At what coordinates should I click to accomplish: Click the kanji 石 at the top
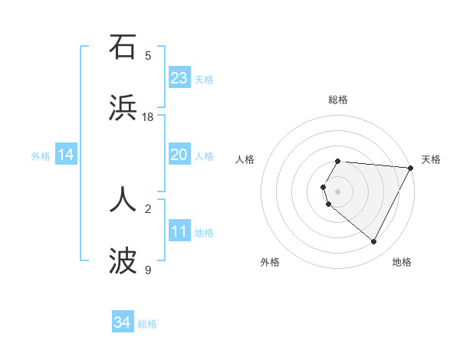(x=123, y=47)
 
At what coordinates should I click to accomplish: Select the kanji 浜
(x=123, y=108)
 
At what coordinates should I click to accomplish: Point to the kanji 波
(x=123, y=261)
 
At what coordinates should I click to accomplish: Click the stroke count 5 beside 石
(x=148, y=56)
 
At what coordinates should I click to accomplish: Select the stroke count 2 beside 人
(x=148, y=208)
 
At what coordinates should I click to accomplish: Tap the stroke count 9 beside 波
(x=148, y=270)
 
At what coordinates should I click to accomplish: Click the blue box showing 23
(x=179, y=78)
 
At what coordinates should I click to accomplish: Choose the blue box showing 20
(x=179, y=155)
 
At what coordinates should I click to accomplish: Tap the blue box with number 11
(x=179, y=232)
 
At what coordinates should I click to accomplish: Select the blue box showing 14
(x=66, y=155)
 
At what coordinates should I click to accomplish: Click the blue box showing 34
(x=123, y=323)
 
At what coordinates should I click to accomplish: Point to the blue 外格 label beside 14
(x=41, y=156)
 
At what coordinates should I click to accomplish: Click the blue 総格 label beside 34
(x=147, y=324)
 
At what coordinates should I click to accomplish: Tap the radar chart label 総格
(x=338, y=100)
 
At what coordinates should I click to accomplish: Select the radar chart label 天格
(x=431, y=159)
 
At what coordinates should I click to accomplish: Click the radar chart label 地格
(x=402, y=262)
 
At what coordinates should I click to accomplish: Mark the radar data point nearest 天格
(x=411, y=168)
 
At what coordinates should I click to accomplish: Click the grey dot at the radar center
(x=338, y=191)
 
